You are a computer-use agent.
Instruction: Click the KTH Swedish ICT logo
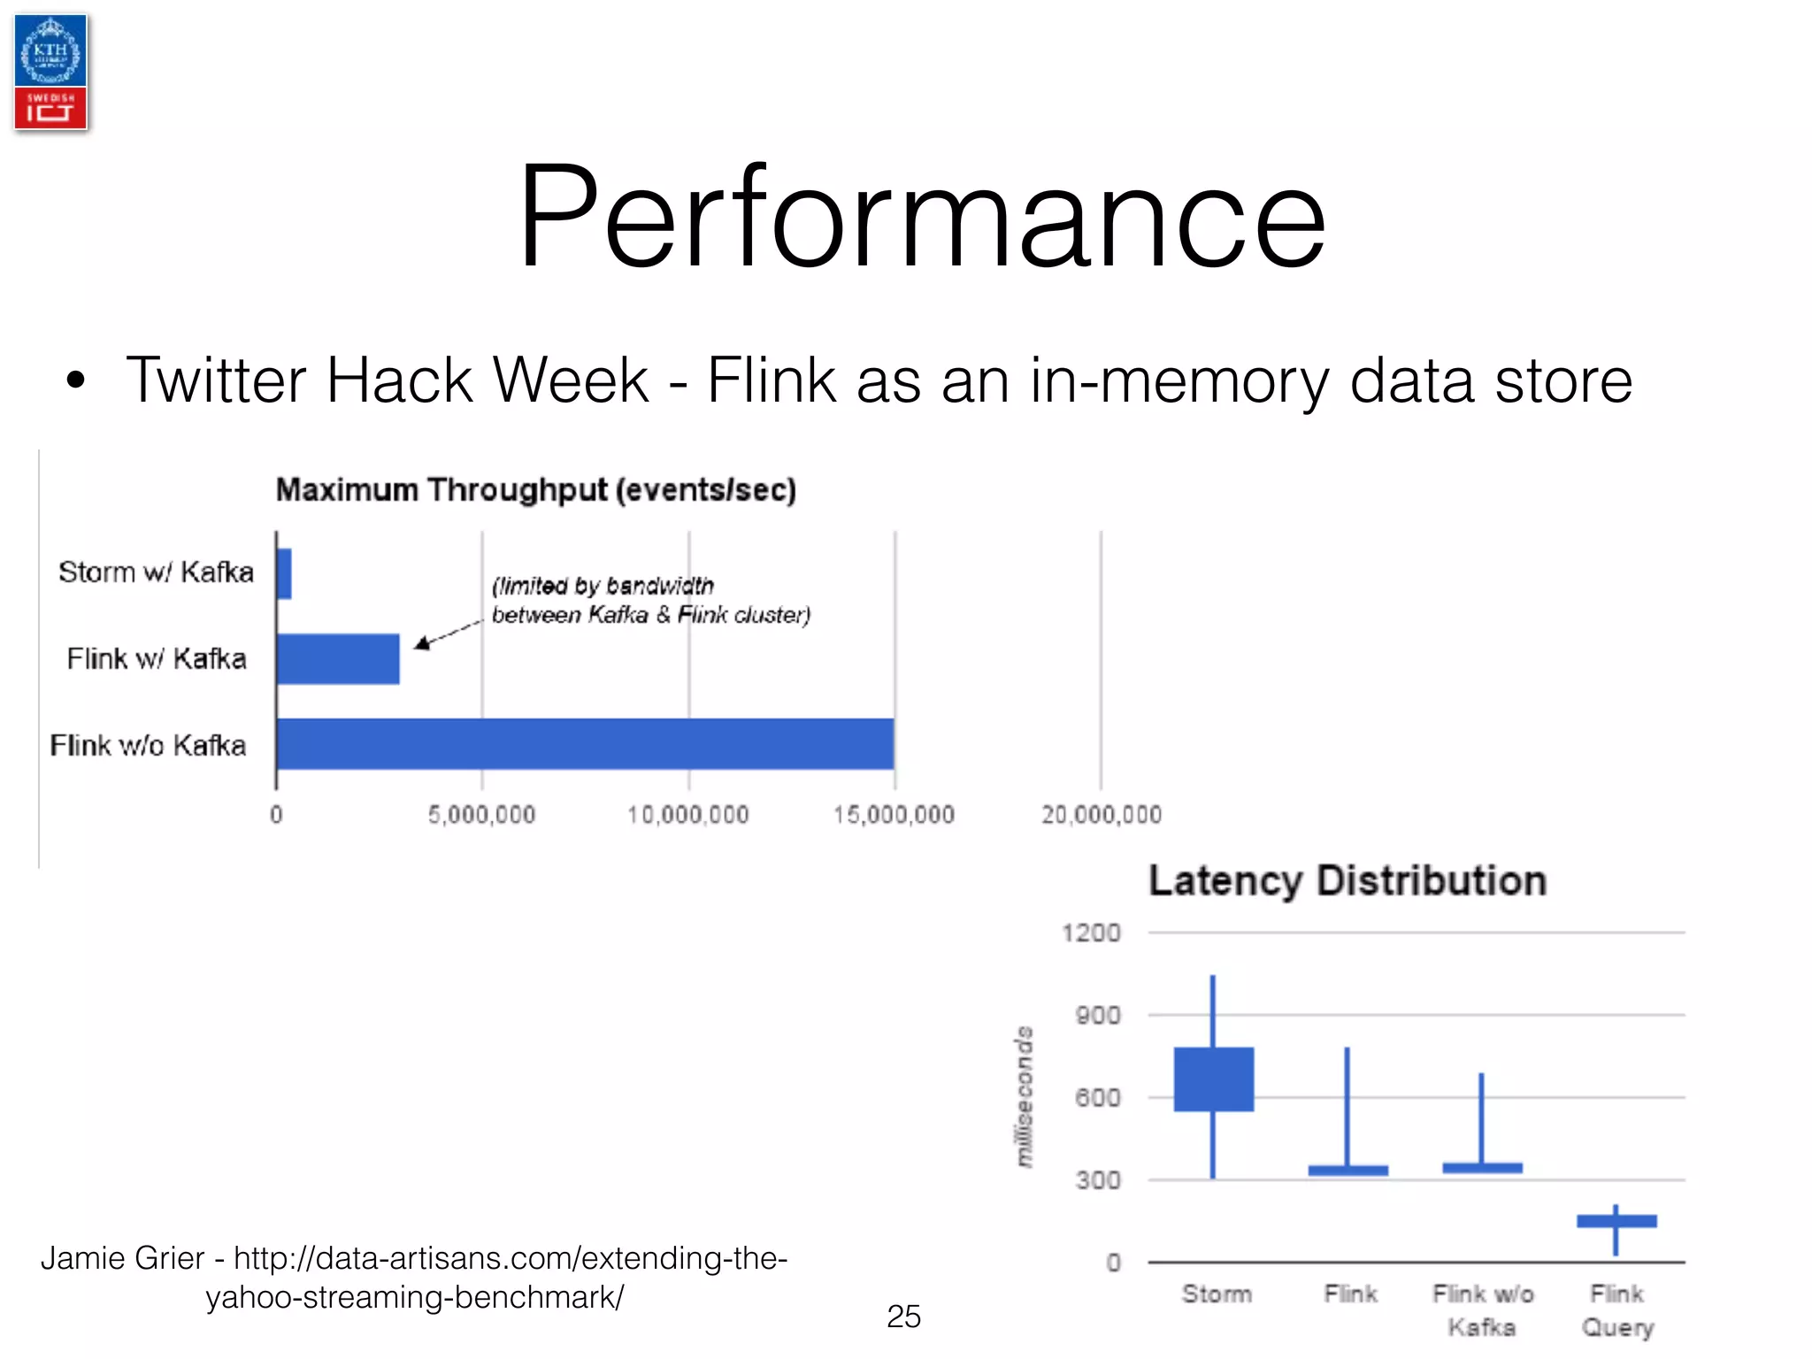pos(50,73)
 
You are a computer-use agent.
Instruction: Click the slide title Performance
pos(920,216)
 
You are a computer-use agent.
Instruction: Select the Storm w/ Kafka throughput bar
pos(284,573)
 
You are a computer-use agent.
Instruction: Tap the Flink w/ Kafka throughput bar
pos(338,659)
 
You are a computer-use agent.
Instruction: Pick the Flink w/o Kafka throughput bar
pos(585,744)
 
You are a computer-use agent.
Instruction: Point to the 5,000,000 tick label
pos(482,815)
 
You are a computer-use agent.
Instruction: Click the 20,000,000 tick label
pos(1102,815)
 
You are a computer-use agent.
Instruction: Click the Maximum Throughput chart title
pos(536,490)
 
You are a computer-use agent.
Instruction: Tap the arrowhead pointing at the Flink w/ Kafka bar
pos(423,643)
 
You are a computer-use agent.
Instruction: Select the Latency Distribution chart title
pos(1347,881)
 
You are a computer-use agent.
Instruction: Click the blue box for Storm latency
pos(1213,1079)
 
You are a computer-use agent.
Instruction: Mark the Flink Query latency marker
pos(1616,1222)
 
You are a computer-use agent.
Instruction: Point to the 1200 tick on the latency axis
pos(1091,933)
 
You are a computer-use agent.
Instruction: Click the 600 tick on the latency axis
pos(1098,1098)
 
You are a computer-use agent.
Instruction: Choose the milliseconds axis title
pos(1025,1097)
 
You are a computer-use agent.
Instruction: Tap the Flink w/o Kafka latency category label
pos(1483,1310)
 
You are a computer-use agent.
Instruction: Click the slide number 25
pos(903,1317)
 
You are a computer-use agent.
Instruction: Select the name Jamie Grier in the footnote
pos(122,1258)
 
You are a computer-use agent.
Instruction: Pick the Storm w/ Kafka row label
pos(156,572)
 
